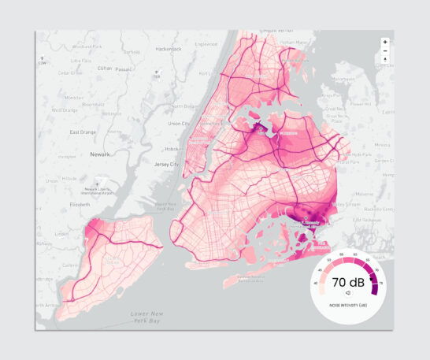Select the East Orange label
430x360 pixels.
[x=83, y=132]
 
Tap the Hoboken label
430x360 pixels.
[x=175, y=148]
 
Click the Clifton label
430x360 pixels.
[x=105, y=69]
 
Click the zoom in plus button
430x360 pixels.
[x=384, y=42]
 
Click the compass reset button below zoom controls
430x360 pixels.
[x=384, y=60]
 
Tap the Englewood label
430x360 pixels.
[x=206, y=44]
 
